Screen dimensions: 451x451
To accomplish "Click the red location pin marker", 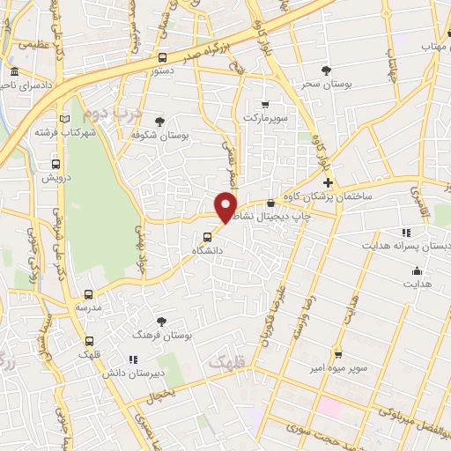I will point(226,206).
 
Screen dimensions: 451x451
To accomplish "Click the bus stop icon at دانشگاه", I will point(207,237).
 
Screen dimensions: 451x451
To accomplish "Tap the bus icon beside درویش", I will point(56,164).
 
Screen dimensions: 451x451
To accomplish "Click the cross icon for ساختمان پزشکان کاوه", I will point(328,182).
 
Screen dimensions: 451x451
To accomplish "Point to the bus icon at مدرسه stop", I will point(88,294).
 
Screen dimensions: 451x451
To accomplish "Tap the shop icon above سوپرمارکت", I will point(264,105).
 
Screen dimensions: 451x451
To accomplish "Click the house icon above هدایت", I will point(417,270).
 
